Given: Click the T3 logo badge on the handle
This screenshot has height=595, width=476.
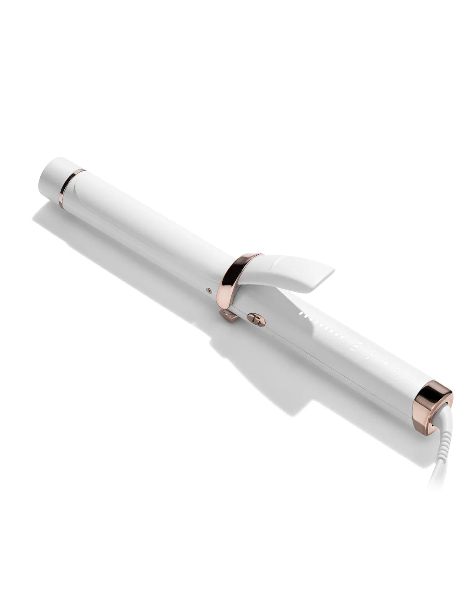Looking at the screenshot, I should pos(257,320).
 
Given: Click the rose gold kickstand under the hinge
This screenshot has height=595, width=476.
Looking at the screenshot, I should pos(228,316).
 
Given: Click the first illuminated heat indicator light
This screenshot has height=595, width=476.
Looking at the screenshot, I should pos(301,315).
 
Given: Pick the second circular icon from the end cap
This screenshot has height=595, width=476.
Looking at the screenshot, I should pos(399,371).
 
